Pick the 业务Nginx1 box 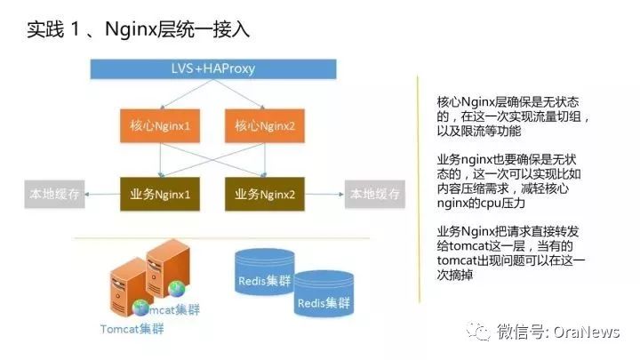pyautogui.click(x=156, y=193)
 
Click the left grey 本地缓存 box pyautogui.click(x=52, y=193)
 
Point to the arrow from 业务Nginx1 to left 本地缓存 pyautogui.click(x=100, y=193)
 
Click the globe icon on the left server pyautogui.click(x=140, y=308)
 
